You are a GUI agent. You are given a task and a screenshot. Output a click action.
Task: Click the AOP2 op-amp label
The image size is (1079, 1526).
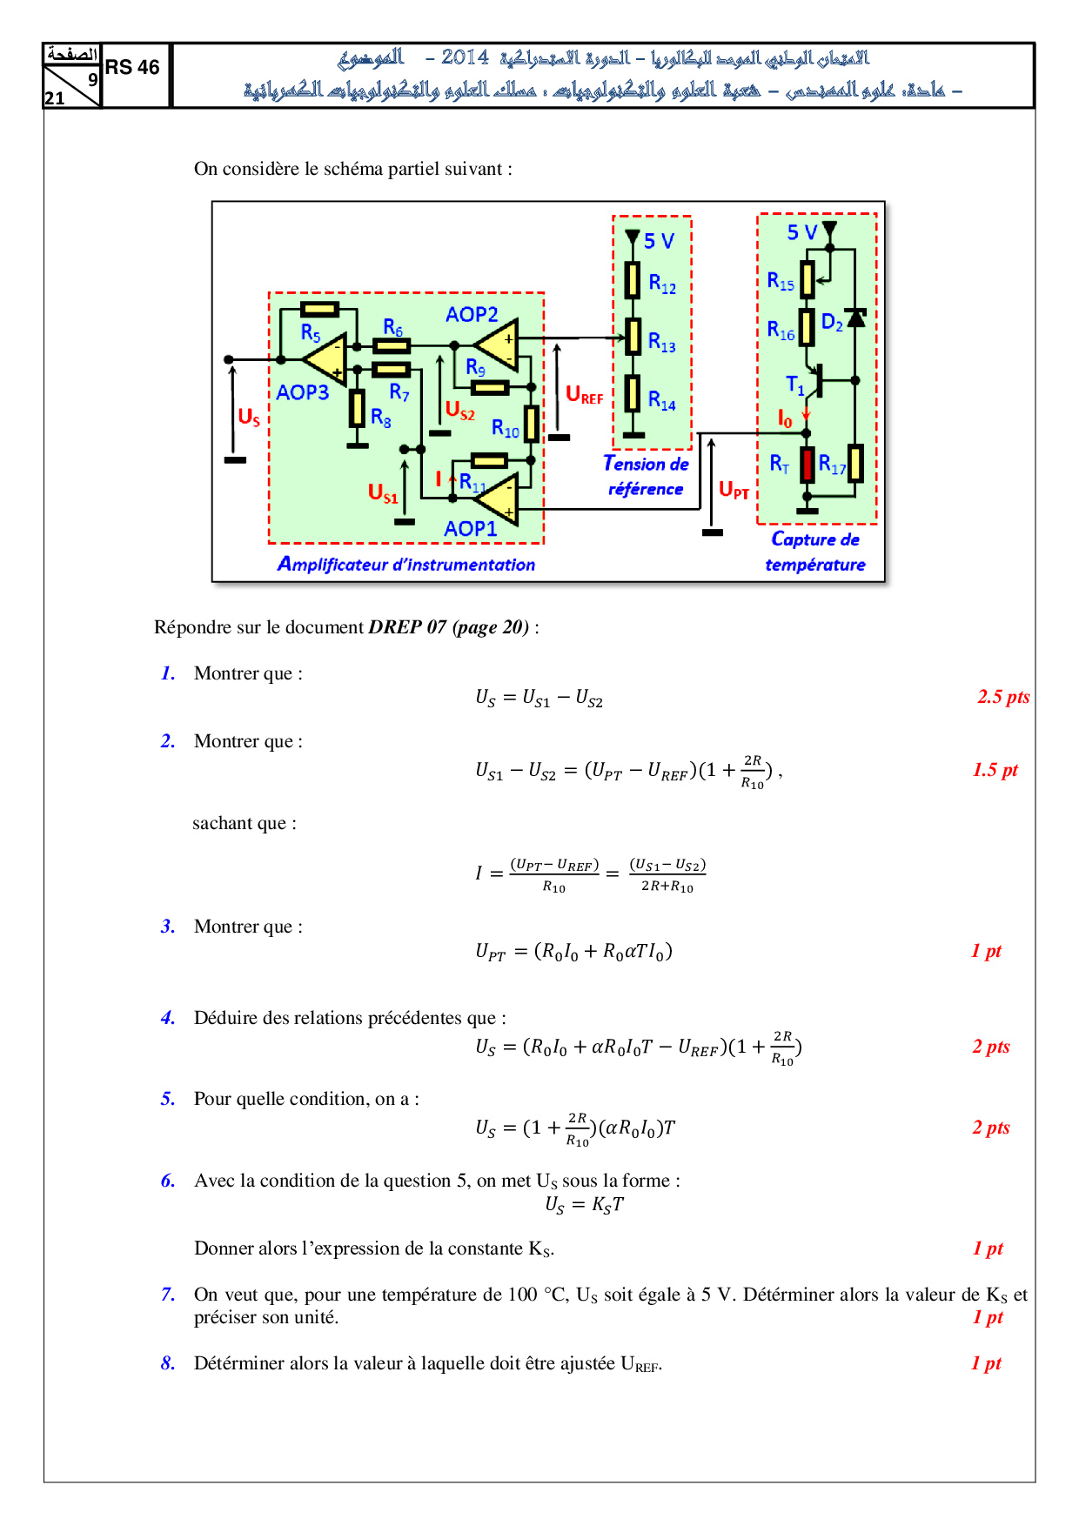pyautogui.click(x=472, y=314)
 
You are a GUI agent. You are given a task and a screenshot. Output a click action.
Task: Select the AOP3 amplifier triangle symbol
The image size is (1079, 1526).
pyautogui.click(x=327, y=358)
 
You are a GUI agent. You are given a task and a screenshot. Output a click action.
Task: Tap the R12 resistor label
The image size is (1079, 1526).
pyautogui.click(x=662, y=283)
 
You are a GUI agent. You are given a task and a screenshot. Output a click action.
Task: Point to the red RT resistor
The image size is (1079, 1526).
pyautogui.click(x=808, y=465)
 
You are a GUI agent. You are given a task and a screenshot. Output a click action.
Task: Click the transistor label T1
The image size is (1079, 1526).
pyautogui.click(x=795, y=385)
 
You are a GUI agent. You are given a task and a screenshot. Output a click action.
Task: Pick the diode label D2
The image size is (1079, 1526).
pyautogui.click(x=832, y=323)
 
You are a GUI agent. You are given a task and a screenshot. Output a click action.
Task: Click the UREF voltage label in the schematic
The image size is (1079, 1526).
pyautogui.click(x=584, y=394)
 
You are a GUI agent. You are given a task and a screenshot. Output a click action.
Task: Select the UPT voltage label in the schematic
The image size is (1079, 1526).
pyautogui.click(x=734, y=490)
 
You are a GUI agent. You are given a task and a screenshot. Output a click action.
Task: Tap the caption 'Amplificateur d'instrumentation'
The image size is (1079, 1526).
pyautogui.click(x=406, y=564)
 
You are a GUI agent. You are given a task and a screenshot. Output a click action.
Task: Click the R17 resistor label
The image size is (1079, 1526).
pyautogui.click(x=832, y=465)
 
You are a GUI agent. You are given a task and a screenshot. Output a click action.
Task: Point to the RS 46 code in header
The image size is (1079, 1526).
pyautogui.click(x=132, y=67)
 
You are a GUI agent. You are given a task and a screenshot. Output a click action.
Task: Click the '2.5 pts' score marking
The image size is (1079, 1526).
pyautogui.click(x=1003, y=696)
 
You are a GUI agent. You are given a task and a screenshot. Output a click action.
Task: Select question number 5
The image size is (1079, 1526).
pyautogui.click(x=168, y=1099)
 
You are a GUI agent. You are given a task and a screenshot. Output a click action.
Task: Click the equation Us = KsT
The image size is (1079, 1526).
pyautogui.click(x=584, y=1204)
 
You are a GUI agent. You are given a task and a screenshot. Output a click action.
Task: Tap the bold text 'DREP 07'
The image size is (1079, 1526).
pyautogui.click(x=407, y=626)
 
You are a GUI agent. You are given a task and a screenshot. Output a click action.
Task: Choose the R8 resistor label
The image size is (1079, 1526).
pyautogui.click(x=381, y=418)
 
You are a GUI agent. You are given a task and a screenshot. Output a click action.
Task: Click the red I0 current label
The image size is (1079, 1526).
pyautogui.click(x=785, y=418)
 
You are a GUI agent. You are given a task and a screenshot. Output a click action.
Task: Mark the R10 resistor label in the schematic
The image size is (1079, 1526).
pyautogui.click(x=505, y=428)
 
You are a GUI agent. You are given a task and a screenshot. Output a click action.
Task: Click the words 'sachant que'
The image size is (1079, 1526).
pyautogui.click(x=245, y=823)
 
